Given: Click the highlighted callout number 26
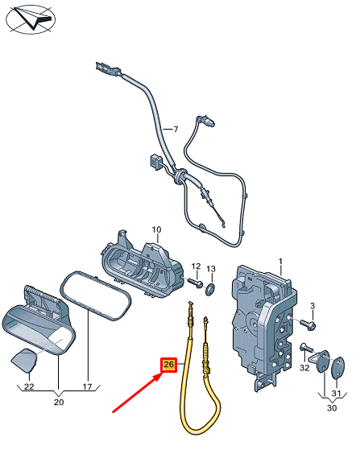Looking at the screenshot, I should pos(168,365).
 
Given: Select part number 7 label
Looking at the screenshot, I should pos(169,129).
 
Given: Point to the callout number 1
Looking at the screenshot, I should pos(281,261).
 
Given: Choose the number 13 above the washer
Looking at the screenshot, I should pos(211,268).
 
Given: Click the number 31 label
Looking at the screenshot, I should pos(337,394).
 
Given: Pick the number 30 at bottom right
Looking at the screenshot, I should pos(332,409).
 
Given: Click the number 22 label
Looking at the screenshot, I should pos(29,387).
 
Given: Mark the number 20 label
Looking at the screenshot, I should pos(59,402).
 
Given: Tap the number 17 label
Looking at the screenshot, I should pos(89,387).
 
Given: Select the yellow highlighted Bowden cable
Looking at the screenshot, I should pos(191,403).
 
